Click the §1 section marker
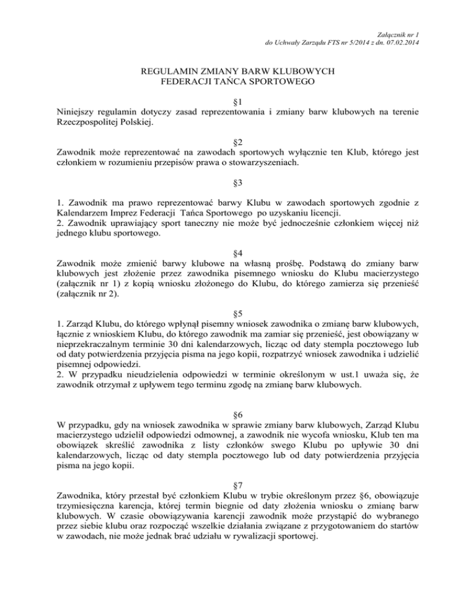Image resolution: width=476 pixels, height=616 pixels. [x=237, y=101]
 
